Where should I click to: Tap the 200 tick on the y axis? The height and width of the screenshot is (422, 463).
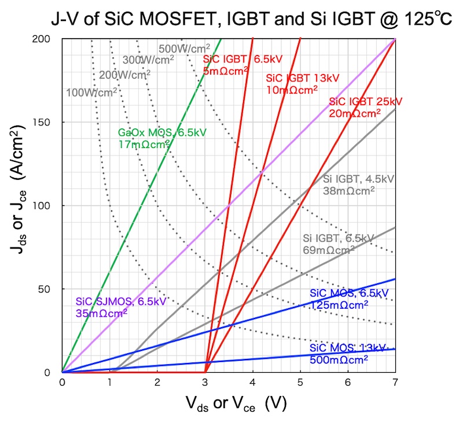49,39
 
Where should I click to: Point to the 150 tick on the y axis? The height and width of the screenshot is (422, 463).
49,123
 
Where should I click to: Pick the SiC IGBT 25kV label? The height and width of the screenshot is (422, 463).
365,102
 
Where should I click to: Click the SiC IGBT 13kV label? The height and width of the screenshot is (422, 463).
302,78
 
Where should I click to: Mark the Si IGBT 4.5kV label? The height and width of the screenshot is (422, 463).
357,178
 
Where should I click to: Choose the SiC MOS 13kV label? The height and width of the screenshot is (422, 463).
347,348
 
